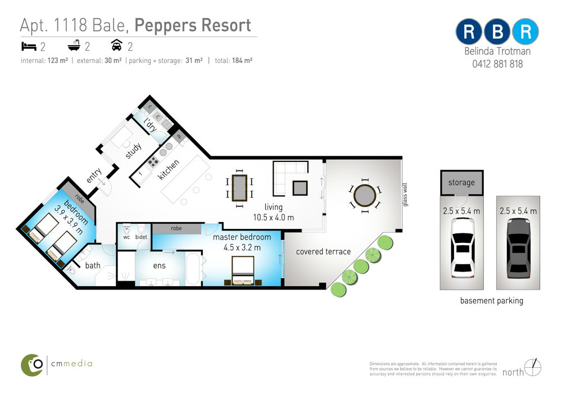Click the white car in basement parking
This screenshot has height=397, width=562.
click(462, 248)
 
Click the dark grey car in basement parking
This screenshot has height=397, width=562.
click(518, 248)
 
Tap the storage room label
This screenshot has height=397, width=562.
click(461, 183)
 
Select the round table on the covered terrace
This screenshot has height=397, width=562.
click(365, 196)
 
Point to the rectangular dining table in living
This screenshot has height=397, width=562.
click(239, 188)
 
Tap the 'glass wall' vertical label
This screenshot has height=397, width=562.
click(405, 195)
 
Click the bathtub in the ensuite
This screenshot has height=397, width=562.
click(194, 269)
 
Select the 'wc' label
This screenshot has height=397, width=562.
click(126, 237)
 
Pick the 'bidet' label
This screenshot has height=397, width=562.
click(141, 237)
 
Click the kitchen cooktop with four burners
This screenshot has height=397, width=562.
click(153, 162)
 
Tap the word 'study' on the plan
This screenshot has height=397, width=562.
click(134, 151)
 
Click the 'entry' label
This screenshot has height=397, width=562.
click(94, 175)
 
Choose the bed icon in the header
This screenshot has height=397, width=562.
click(29, 46)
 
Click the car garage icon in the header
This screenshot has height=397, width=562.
click(117, 45)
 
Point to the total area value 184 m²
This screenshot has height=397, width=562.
click(242, 61)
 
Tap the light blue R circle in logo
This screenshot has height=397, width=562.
click(525, 31)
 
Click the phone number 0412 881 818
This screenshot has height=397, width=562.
click(497, 64)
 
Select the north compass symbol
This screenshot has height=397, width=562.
click(533, 368)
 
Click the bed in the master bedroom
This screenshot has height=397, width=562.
click(243, 271)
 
